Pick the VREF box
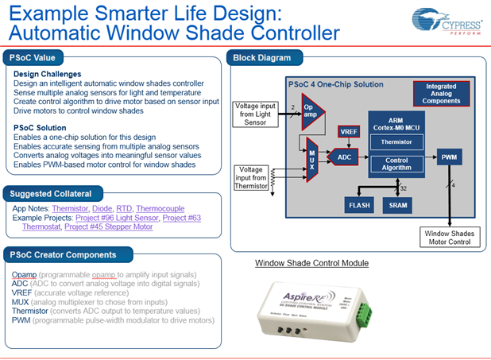(x=348, y=131)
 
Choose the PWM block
(x=448, y=158)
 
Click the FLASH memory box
(x=359, y=204)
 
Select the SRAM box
(x=398, y=204)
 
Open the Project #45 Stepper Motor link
(x=110, y=226)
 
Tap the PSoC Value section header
(x=34, y=57)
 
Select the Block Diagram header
(x=261, y=57)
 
